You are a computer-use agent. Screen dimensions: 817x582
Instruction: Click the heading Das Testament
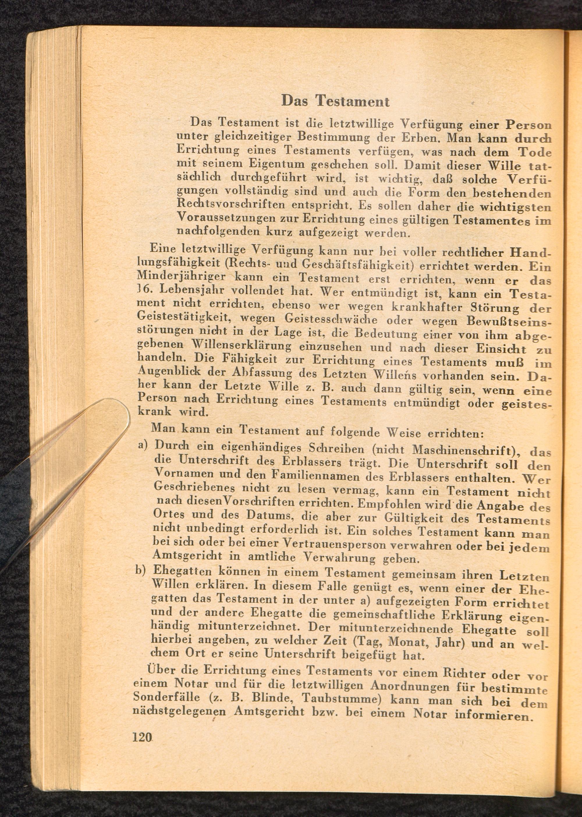tap(335, 101)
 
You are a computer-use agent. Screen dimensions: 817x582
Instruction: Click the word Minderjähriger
tap(181, 276)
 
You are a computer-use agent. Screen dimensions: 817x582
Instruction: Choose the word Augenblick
tap(170, 370)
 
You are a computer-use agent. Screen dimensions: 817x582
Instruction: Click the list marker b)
tap(141, 570)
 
